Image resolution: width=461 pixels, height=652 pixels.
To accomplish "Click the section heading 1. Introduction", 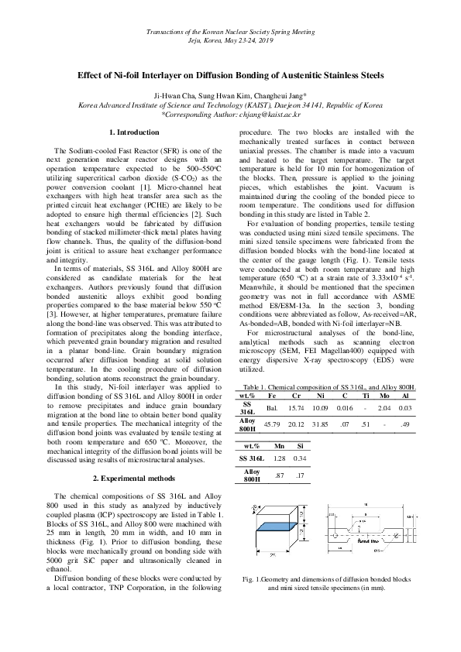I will pyautogui.click(x=136, y=134).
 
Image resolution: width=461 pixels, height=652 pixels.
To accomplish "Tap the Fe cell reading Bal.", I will pyautogui.click(x=272, y=407).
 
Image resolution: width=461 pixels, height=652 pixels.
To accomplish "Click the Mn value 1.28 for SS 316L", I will pyautogui.click(x=277, y=458).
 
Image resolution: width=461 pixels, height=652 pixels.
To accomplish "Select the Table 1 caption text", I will pyautogui.click(x=330, y=386).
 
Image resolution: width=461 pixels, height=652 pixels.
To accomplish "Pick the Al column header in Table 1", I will pyautogui.click(x=404, y=396).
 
